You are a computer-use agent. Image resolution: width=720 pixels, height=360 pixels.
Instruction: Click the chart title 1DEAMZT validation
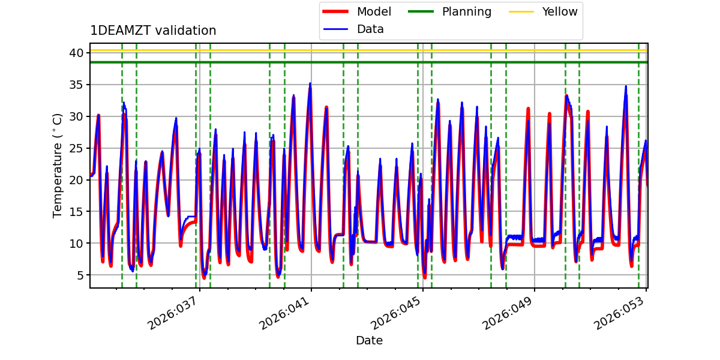pyautogui.click(x=153, y=31)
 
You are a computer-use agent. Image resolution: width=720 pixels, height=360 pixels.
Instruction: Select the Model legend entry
pyautogui.click(x=374, y=12)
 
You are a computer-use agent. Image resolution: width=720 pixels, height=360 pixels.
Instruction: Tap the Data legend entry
pyautogui.click(x=370, y=29)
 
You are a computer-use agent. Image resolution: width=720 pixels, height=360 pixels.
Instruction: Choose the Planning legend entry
pyautogui.click(x=466, y=12)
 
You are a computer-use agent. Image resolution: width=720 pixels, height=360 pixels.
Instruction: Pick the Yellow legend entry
pyautogui.click(x=559, y=12)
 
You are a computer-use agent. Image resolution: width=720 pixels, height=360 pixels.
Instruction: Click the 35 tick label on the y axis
pyautogui.click(x=76, y=85)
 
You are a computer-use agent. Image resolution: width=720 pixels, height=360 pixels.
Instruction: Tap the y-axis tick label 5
pyautogui.click(x=79, y=275)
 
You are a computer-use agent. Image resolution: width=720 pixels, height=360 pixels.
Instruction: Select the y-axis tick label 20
pyautogui.click(x=76, y=180)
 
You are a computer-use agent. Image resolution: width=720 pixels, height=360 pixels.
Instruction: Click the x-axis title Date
pyautogui.click(x=369, y=341)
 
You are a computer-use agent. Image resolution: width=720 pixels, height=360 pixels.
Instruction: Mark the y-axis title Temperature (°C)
pyautogui.click(x=58, y=165)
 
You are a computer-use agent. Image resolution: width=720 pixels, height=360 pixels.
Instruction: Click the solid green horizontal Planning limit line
pyautogui.click(x=360, y=62)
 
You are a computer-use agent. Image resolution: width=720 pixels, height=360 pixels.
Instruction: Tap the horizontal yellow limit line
pyautogui.click(x=360, y=50)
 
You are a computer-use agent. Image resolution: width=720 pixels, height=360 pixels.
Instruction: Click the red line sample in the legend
pyautogui.click(x=338, y=12)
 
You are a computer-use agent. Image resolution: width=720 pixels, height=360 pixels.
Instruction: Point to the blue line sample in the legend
pyautogui.click(x=338, y=29)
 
